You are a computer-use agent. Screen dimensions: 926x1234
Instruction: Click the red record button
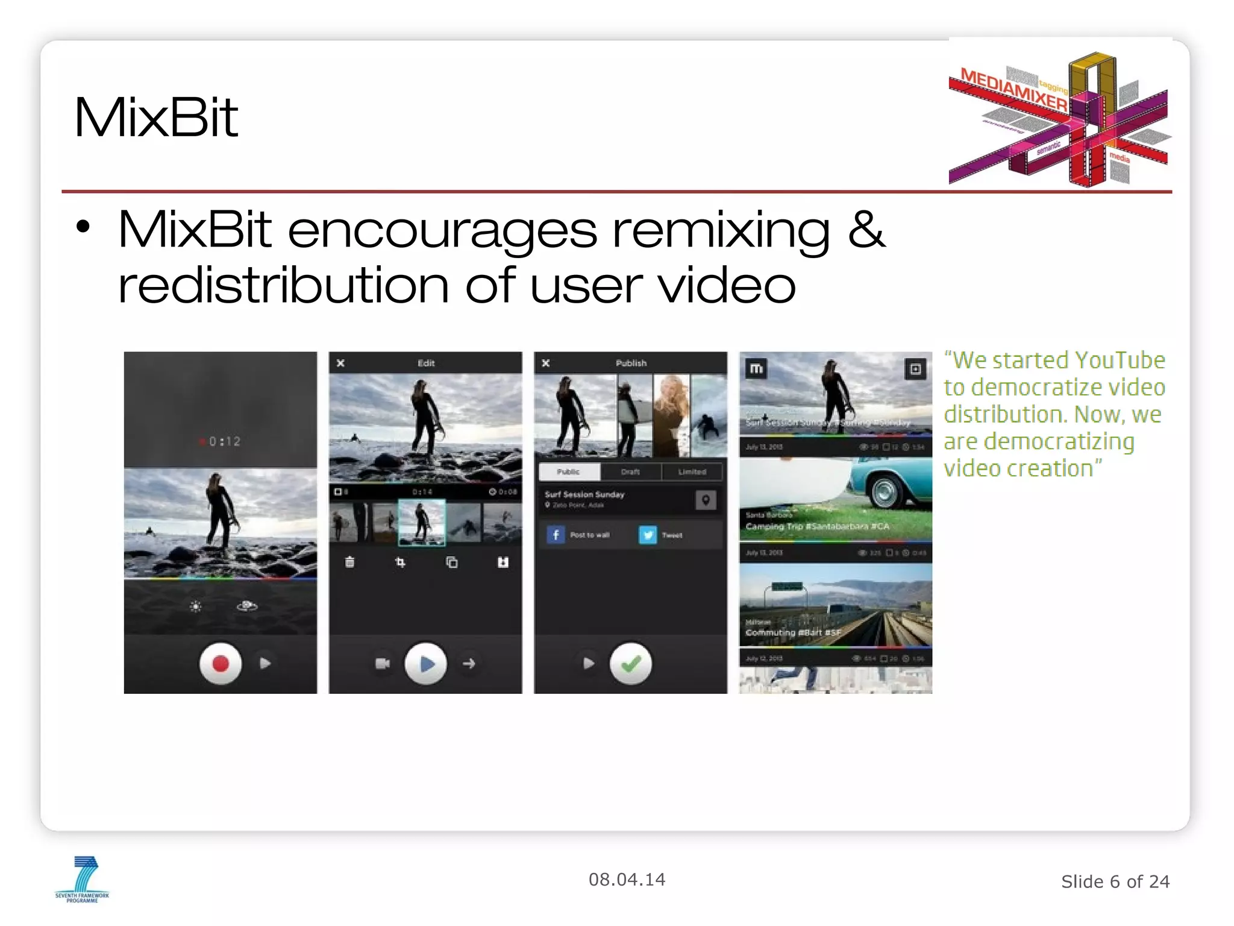(221, 664)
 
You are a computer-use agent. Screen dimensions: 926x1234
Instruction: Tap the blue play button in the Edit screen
(426, 664)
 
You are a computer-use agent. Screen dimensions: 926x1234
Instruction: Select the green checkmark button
(631, 664)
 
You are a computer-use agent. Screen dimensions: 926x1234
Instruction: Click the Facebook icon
(556, 535)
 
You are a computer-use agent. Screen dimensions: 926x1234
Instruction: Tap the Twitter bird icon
(648, 535)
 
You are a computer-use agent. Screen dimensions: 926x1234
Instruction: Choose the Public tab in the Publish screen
(569, 471)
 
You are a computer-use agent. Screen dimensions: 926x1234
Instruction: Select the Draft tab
(630, 471)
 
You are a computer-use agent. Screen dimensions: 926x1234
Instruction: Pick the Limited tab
(692, 471)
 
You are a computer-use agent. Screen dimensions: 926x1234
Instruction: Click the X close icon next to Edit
(340, 363)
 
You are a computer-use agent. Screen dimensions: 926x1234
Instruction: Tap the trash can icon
(349, 562)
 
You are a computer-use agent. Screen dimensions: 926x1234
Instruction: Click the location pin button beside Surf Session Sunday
(706, 500)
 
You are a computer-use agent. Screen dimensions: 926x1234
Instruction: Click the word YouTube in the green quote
(1120, 361)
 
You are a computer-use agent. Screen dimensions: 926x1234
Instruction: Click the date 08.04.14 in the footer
(627, 880)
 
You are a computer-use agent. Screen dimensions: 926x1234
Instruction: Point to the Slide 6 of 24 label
(1115, 881)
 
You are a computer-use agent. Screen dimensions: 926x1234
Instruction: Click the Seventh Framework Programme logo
(83, 879)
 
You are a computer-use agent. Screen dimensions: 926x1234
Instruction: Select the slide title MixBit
(156, 118)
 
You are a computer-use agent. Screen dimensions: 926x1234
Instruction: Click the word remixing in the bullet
(721, 230)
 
